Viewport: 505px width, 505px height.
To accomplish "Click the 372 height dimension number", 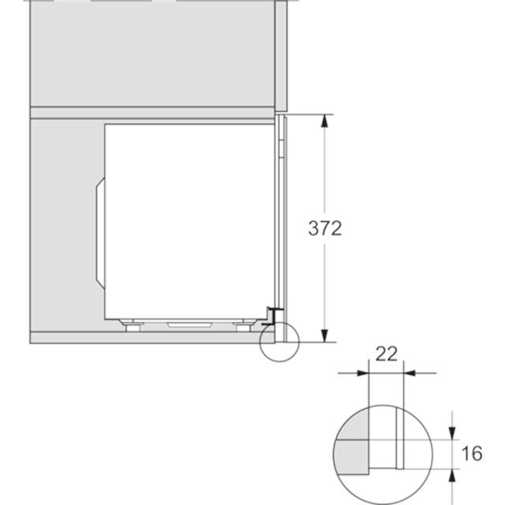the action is tap(324, 228).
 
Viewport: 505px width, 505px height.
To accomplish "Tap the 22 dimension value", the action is tap(387, 354).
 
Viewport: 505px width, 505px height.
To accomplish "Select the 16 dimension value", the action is tap(472, 454).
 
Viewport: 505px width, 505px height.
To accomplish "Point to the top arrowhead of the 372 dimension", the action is tap(324, 121).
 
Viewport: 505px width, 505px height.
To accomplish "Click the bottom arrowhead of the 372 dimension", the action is tap(324, 335).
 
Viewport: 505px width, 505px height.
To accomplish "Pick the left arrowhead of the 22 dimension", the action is tap(363, 373).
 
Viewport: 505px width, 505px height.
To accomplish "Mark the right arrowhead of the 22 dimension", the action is tap(410, 373).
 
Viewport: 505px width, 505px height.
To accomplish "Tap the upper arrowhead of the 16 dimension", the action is tap(452, 433).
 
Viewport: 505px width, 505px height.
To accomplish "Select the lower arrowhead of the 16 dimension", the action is tap(452, 475).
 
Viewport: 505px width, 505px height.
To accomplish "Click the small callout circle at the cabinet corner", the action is tap(260, 342).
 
